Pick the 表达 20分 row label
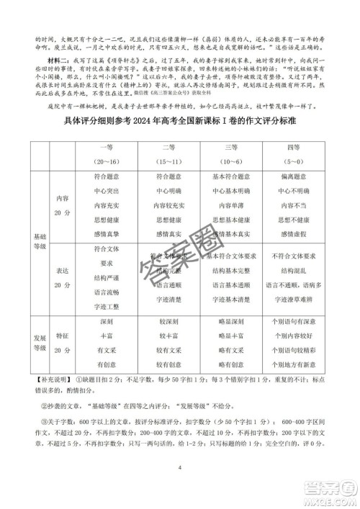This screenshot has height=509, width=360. click(65, 278)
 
